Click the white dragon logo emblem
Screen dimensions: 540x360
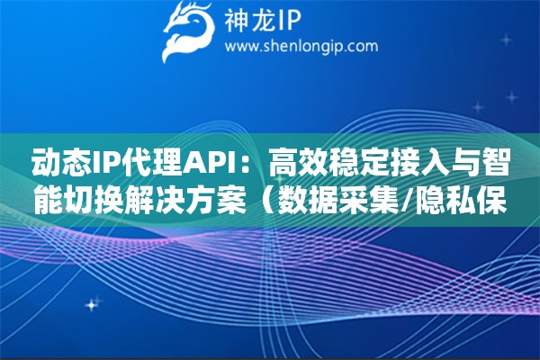click(188, 31)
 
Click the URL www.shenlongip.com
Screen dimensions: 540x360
click(301, 47)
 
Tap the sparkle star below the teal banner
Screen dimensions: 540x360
click(92, 304)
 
